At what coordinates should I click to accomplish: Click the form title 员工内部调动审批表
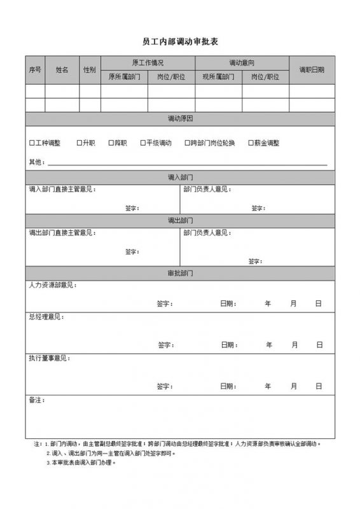[180, 41]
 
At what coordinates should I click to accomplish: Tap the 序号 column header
[35, 69]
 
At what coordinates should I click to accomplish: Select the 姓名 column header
[62, 69]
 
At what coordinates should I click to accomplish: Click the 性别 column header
[90, 69]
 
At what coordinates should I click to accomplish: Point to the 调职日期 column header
[312, 69]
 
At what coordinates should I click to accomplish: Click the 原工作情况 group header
[148, 62]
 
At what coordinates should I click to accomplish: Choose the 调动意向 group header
[242, 62]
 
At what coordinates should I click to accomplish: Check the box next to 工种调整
[32, 143]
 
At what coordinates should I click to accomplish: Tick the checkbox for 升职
[79, 143]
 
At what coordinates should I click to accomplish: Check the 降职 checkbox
[111, 143]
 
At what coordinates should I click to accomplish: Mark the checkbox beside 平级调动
[143, 143]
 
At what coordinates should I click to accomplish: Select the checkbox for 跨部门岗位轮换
[187, 143]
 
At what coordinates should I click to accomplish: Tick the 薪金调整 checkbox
[251, 143]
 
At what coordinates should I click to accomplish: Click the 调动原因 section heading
[180, 119]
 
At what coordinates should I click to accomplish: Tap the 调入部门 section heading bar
[180, 177]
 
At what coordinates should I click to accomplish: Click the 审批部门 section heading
[180, 273]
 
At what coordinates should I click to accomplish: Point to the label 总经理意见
[46, 316]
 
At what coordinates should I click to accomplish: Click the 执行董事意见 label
[49, 358]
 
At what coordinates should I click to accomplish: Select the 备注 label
[36, 400]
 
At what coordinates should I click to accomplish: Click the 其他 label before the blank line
[36, 162]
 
